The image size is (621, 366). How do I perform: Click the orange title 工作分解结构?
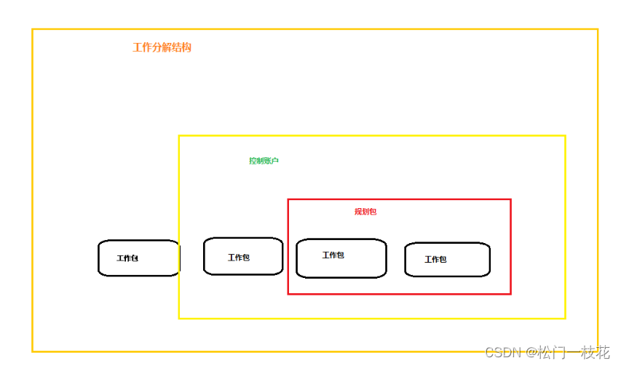[x=162, y=48]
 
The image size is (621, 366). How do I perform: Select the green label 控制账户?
[x=264, y=161]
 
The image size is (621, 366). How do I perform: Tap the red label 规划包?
[x=365, y=212]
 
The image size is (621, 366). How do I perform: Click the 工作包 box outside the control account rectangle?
[x=138, y=258]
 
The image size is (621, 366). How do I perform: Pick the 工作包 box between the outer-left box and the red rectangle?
[x=243, y=256]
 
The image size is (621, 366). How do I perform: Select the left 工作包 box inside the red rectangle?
[x=341, y=258]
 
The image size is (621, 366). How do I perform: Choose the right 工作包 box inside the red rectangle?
[x=447, y=260]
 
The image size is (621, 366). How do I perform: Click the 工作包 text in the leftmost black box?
[x=127, y=258]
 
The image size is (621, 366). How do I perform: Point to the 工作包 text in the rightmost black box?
[x=435, y=260]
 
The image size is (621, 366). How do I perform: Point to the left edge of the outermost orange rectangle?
[x=33, y=189]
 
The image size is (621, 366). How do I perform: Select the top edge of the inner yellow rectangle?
[x=371, y=135]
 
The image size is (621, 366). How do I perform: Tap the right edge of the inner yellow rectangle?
[x=565, y=226]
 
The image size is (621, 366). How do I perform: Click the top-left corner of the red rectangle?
[x=288, y=199]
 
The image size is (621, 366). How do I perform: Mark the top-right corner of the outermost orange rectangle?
[x=598, y=29]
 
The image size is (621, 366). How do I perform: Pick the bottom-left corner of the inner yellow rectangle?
[x=179, y=318]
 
